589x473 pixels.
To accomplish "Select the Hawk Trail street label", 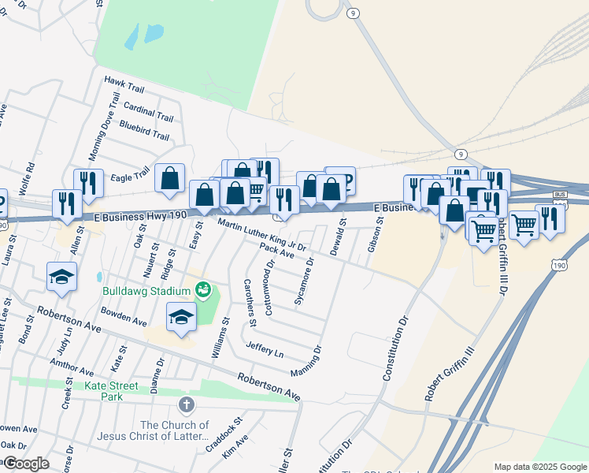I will [x=126, y=81].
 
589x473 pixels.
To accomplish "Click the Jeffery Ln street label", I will [x=264, y=349].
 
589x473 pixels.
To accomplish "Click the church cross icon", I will [x=187, y=405].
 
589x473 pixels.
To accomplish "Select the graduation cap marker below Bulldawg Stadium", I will [x=181, y=317].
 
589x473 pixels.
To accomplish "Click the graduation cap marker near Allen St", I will [x=61, y=277].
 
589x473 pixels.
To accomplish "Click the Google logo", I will [x=25, y=464].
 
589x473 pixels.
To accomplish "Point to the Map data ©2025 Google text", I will [x=539, y=467].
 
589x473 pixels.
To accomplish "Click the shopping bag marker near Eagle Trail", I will [x=170, y=179].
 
